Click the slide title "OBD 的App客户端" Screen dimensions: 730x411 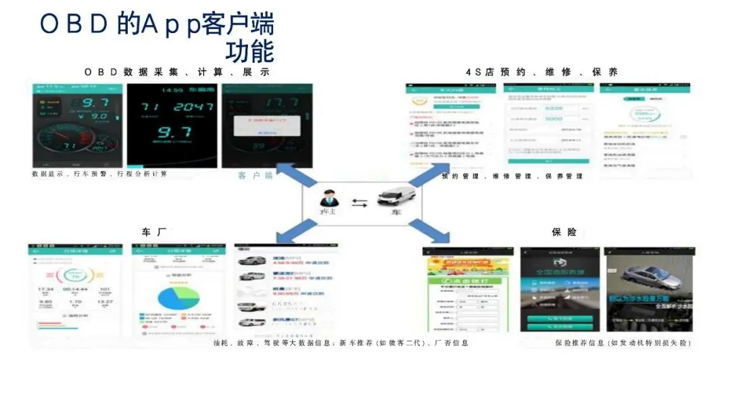[x=157, y=24]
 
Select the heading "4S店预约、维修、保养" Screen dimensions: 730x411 [x=541, y=72]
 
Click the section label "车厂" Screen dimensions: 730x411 [x=153, y=232]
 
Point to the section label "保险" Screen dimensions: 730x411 [x=564, y=232]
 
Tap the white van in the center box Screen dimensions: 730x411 [x=395, y=198]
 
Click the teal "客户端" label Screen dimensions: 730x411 [x=255, y=176]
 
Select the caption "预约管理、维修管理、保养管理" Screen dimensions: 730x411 [x=512, y=176]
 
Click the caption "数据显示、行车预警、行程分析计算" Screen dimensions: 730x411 [x=99, y=174]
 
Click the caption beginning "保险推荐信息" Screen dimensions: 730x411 [x=623, y=343]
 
